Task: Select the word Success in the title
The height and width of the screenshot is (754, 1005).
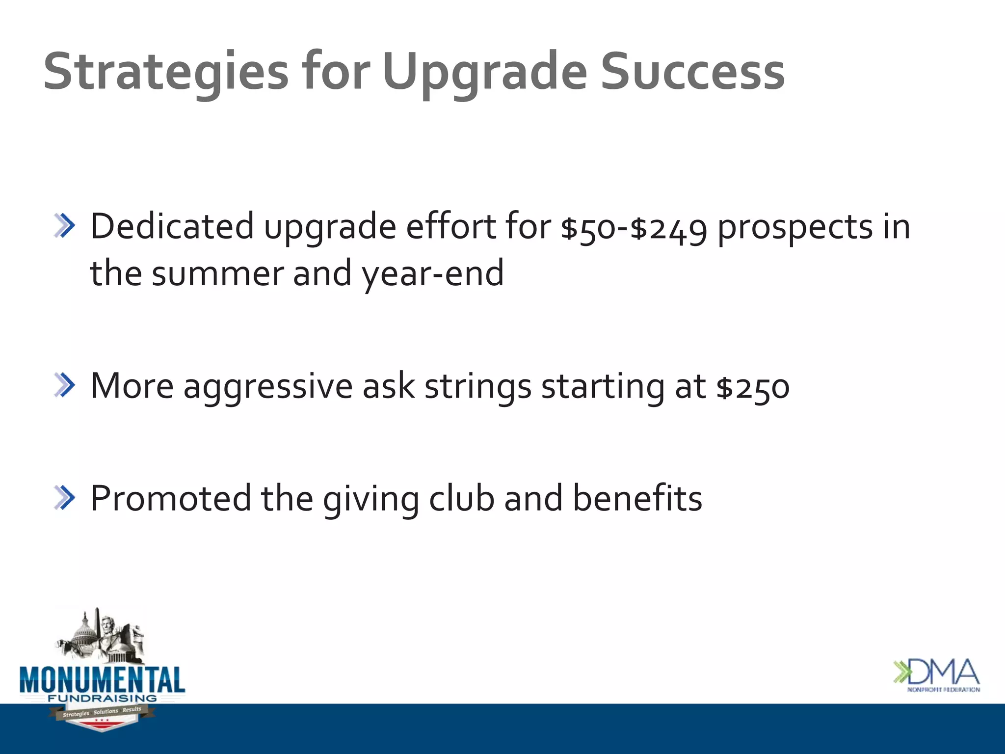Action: click(692, 73)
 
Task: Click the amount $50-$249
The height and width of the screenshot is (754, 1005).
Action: click(634, 228)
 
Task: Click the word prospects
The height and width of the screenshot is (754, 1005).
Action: click(795, 228)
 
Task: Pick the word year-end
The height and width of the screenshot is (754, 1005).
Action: click(432, 274)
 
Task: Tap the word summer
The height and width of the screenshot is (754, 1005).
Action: click(217, 274)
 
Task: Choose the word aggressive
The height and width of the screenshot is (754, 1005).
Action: click(268, 387)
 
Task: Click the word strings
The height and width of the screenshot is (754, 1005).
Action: click(477, 387)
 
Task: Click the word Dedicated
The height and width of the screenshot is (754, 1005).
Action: click(172, 227)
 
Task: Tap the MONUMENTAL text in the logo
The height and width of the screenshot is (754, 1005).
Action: click(102, 680)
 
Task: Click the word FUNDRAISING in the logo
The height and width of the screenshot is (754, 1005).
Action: click(102, 698)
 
